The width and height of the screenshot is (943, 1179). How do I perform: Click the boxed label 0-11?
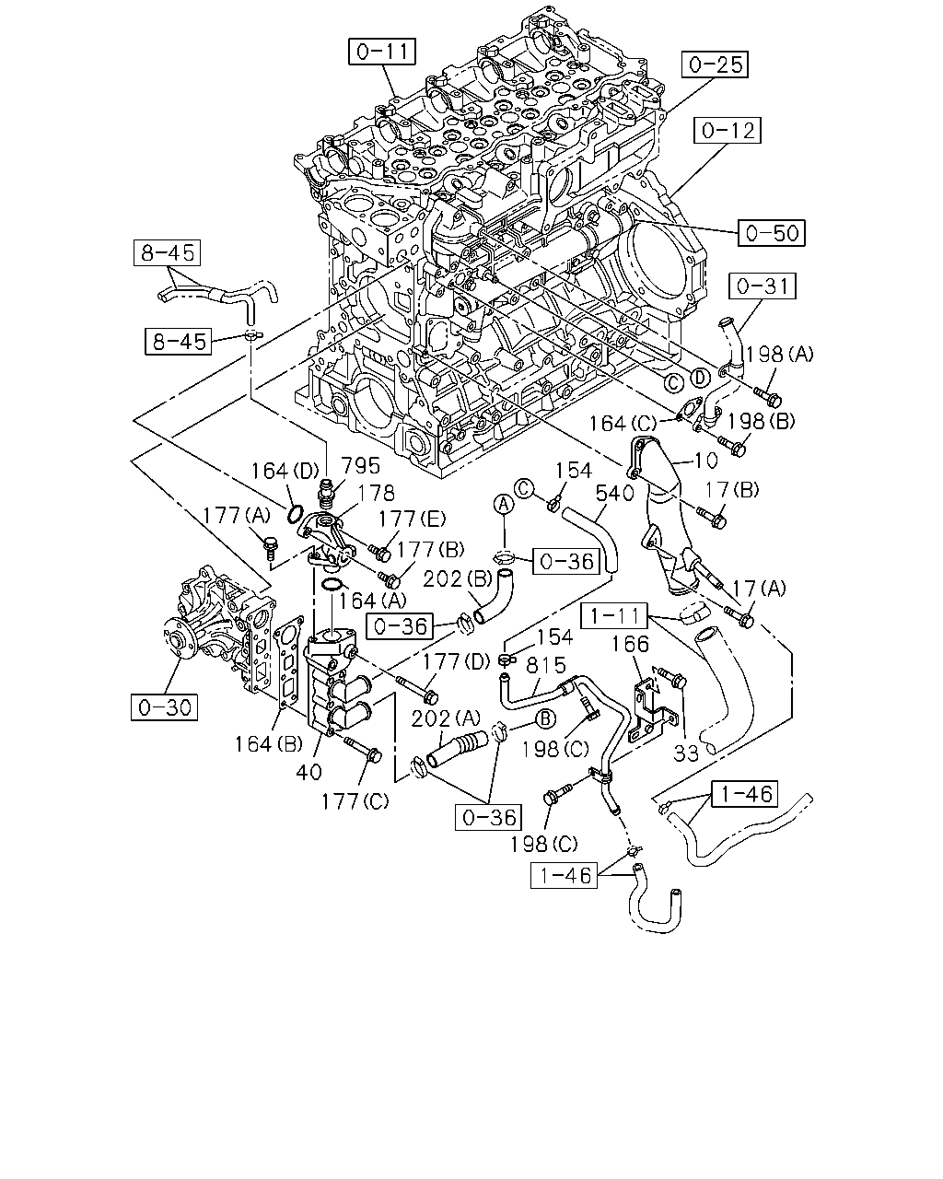coord(382,52)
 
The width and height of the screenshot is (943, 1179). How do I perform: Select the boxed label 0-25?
coord(715,64)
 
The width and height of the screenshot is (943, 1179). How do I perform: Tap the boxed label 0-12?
coord(728,131)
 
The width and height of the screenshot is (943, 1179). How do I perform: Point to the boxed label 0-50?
coord(772,233)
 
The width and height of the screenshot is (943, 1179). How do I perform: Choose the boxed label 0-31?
coord(763,286)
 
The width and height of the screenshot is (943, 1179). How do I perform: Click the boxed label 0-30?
coord(164,707)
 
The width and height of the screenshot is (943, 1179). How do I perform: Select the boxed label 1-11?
coord(615,616)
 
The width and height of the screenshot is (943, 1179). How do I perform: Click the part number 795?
coord(361,466)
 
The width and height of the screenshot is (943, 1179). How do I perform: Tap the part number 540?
coord(614,494)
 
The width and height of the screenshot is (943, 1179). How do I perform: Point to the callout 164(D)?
coord(285,471)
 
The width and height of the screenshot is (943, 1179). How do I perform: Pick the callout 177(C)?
coord(355,802)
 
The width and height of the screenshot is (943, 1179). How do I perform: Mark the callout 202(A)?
coord(446,718)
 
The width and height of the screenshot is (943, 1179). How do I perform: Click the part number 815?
coord(546,665)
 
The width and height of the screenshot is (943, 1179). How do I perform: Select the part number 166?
coord(631,644)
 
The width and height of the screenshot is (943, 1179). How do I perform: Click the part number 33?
coord(686,753)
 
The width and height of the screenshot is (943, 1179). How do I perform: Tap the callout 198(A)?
coord(780,355)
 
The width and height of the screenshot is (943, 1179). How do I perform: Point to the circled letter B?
coord(545,718)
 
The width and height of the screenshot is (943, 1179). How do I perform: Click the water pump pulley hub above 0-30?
coord(177,639)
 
